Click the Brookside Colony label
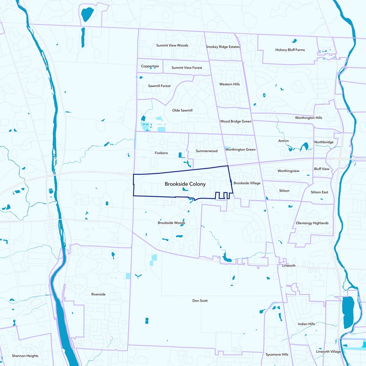[185, 183]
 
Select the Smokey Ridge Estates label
[223, 47]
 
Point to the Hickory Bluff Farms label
[290, 50]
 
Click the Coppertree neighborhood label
[150, 66]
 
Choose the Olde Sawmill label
[182, 110]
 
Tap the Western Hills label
[229, 84]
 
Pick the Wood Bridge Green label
[236, 121]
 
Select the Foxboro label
[162, 153]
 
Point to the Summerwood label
[206, 151]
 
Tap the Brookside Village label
[247, 183]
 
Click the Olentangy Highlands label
[312, 223]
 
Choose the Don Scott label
[200, 301]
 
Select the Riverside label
[98, 294]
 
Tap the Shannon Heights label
[25, 355]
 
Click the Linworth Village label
[328, 351]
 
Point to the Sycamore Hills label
[277, 355]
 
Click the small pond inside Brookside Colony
[185, 189]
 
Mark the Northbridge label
[323, 142]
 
